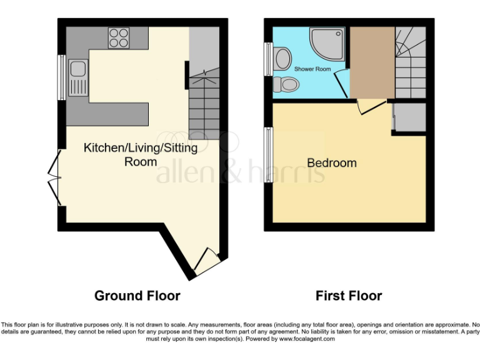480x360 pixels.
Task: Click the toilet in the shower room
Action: click(287, 84)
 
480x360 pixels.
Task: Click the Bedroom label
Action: click(332, 163)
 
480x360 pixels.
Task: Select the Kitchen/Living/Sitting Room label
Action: click(141, 154)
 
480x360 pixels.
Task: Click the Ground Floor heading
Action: click(137, 296)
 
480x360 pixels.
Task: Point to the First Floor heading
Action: click(349, 296)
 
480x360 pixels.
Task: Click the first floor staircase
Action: click(410, 62)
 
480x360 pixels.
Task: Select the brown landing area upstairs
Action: click(371, 62)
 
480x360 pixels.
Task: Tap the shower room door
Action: click(341, 82)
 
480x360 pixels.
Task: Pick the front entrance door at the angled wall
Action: click(206, 261)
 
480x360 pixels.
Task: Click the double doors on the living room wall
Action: click(55, 177)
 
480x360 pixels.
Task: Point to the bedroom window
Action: click(269, 156)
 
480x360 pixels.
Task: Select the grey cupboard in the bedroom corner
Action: click(409, 117)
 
